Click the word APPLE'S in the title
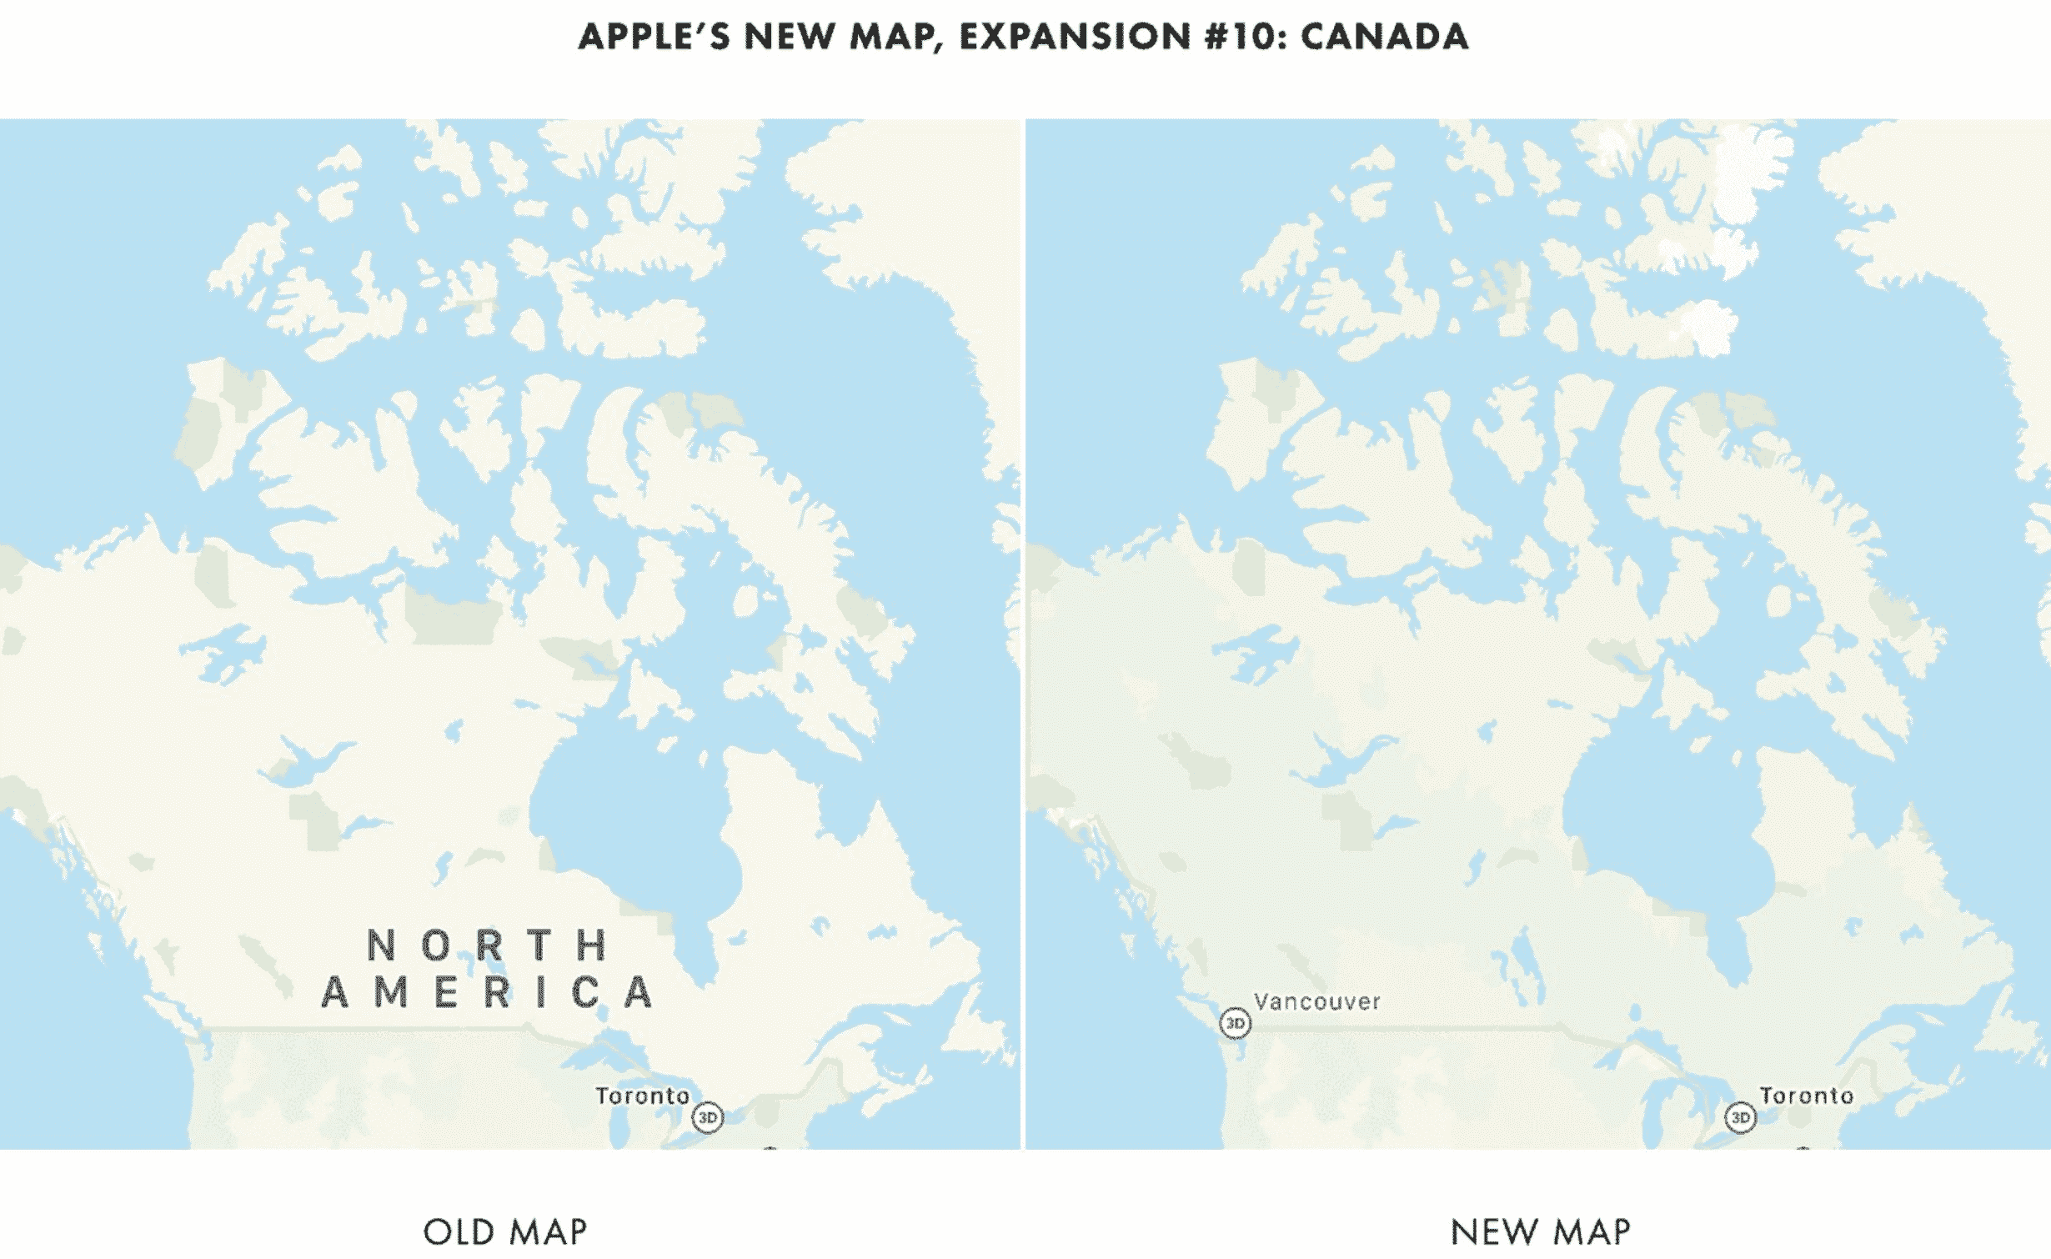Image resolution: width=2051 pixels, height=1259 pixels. point(653,37)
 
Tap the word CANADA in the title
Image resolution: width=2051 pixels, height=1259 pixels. point(1384,37)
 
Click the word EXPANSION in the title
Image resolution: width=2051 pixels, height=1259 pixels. point(1075,37)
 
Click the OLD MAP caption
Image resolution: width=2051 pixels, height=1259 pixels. point(505,1231)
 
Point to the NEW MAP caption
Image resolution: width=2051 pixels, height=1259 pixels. point(1540,1231)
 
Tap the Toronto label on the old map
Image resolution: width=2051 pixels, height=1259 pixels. point(642,1096)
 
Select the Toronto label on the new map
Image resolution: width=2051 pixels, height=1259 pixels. point(1806,1096)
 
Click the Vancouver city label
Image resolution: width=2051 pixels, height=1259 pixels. point(1316,1001)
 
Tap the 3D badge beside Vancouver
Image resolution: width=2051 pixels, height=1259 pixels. point(1235,1023)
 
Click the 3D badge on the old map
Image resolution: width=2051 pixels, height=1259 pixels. point(708,1117)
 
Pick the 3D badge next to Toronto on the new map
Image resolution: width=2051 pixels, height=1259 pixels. point(1740,1117)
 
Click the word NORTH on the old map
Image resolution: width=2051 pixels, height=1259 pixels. point(488,946)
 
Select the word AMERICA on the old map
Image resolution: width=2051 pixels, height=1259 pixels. point(488,993)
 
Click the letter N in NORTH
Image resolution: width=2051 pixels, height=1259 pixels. point(381,946)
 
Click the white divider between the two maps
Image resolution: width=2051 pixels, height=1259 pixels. point(1023,634)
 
